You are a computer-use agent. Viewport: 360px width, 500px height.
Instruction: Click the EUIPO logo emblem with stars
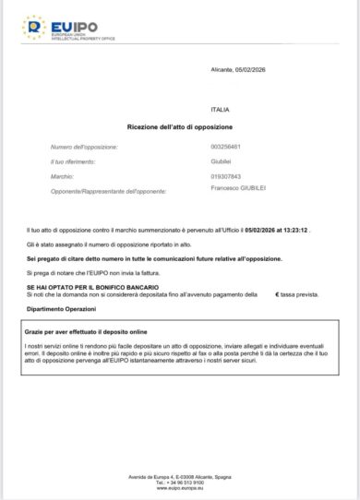[x=33, y=28]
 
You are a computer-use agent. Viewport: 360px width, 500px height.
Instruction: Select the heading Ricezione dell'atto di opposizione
[x=180, y=125]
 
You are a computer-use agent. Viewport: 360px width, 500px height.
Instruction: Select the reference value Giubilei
[x=221, y=161]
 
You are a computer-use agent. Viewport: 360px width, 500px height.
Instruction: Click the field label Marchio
[x=62, y=175]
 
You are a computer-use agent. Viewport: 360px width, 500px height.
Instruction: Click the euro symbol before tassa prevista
[x=277, y=293]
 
